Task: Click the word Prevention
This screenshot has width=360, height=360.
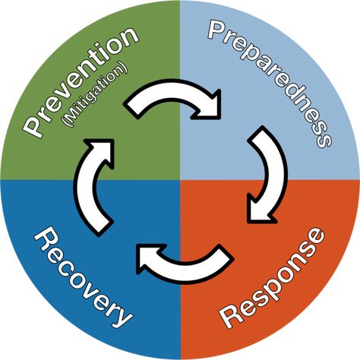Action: click(81, 81)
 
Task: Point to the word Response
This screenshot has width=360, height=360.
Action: click(272, 279)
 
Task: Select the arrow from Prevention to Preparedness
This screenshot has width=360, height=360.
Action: click(175, 93)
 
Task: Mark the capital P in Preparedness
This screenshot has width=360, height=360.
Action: click(217, 30)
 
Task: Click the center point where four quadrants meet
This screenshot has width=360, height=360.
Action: click(180, 180)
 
